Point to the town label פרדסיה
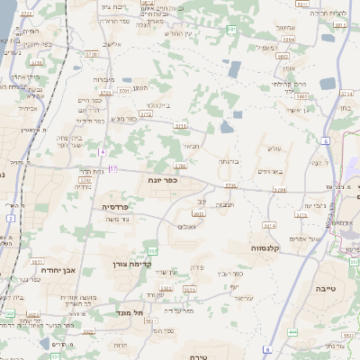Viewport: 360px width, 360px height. (102, 206)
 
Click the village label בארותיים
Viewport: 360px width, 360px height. (270, 171)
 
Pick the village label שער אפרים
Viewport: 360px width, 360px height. (319, 238)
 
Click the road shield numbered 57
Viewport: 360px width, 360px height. (112, 168)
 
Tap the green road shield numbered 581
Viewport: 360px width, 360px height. (232, 30)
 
